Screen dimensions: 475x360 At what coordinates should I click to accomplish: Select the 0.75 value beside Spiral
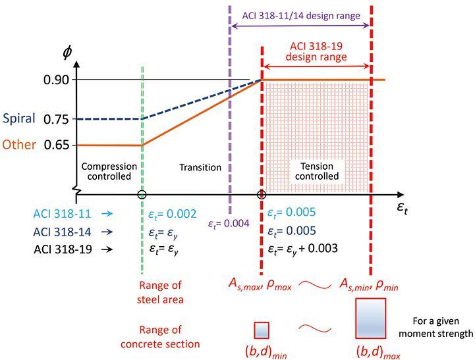[57, 119]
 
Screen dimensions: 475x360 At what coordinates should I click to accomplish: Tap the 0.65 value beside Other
[57, 145]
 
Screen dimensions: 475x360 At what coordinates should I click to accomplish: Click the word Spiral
[19, 119]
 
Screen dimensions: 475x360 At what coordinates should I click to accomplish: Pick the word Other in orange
[19, 145]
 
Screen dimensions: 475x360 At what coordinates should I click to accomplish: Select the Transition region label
[200, 167]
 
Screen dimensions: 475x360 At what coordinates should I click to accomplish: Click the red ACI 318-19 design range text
[316, 52]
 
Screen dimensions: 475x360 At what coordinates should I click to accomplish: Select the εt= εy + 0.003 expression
[303, 249]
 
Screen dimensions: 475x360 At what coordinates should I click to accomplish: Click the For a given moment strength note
[439, 327]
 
